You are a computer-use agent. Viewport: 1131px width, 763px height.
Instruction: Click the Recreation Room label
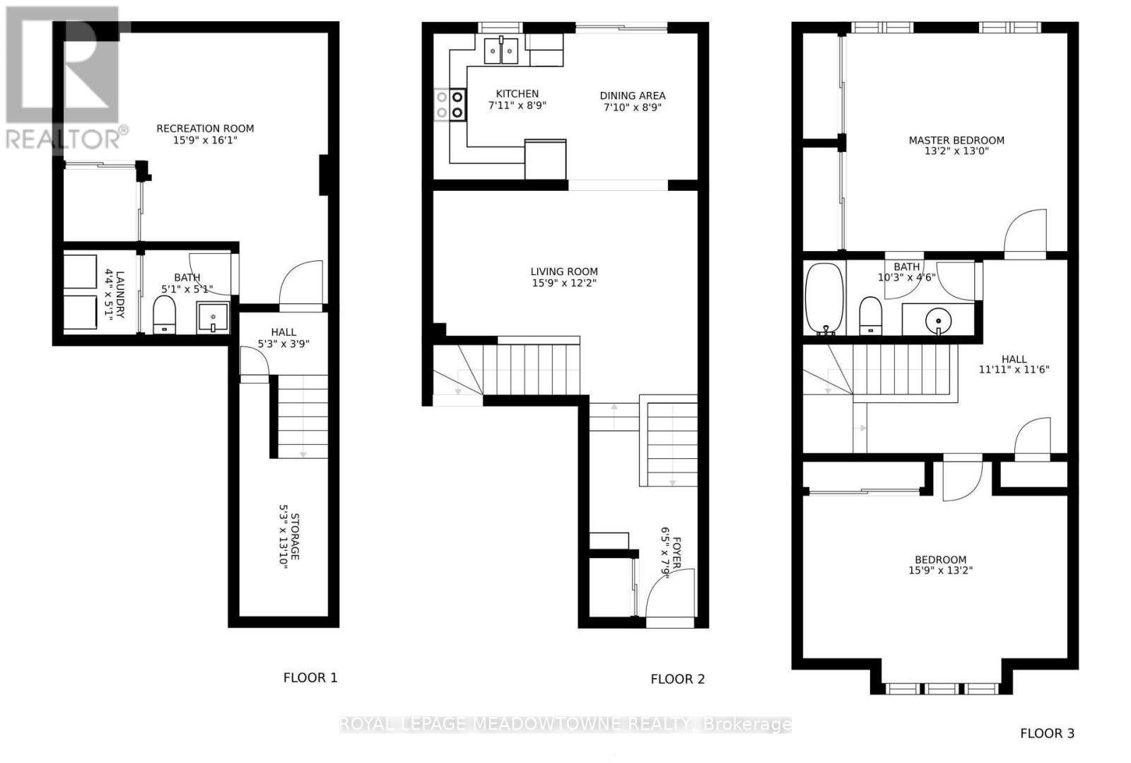[205, 129]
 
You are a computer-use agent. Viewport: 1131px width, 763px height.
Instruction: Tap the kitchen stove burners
[450, 104]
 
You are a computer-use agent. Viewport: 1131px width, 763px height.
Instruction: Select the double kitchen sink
[501, 51]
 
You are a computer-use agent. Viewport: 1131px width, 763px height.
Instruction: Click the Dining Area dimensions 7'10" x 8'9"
[632, 108]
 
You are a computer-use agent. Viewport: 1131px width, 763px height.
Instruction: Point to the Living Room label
[564, 272]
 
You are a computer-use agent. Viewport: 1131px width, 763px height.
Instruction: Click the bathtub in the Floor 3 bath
[824, 298]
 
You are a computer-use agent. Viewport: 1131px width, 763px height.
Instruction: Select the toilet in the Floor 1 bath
[164, 314]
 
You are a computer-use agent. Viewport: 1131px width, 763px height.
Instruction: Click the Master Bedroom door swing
[1025, 233]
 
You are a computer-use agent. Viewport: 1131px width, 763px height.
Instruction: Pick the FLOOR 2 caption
[677, 679]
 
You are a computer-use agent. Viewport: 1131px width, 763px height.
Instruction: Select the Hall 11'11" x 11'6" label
[1013, 364]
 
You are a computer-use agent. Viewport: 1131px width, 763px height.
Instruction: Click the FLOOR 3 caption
[1047, 733]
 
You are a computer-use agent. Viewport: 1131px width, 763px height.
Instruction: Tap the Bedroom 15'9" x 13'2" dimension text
[940, 570]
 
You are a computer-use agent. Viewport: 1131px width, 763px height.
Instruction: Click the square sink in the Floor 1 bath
[213, 317]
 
